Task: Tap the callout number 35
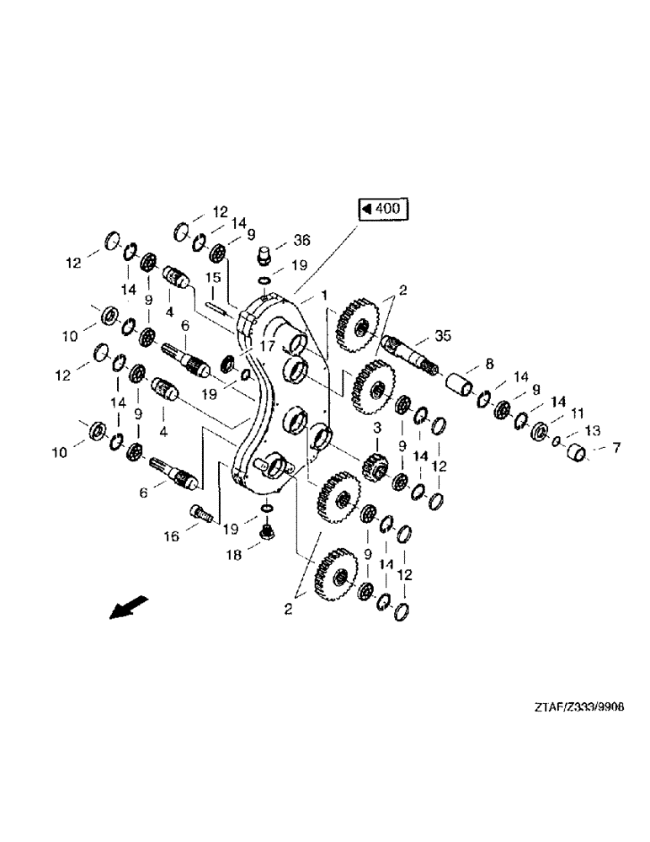443,336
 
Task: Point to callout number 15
214,277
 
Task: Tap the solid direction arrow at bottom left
129,606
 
